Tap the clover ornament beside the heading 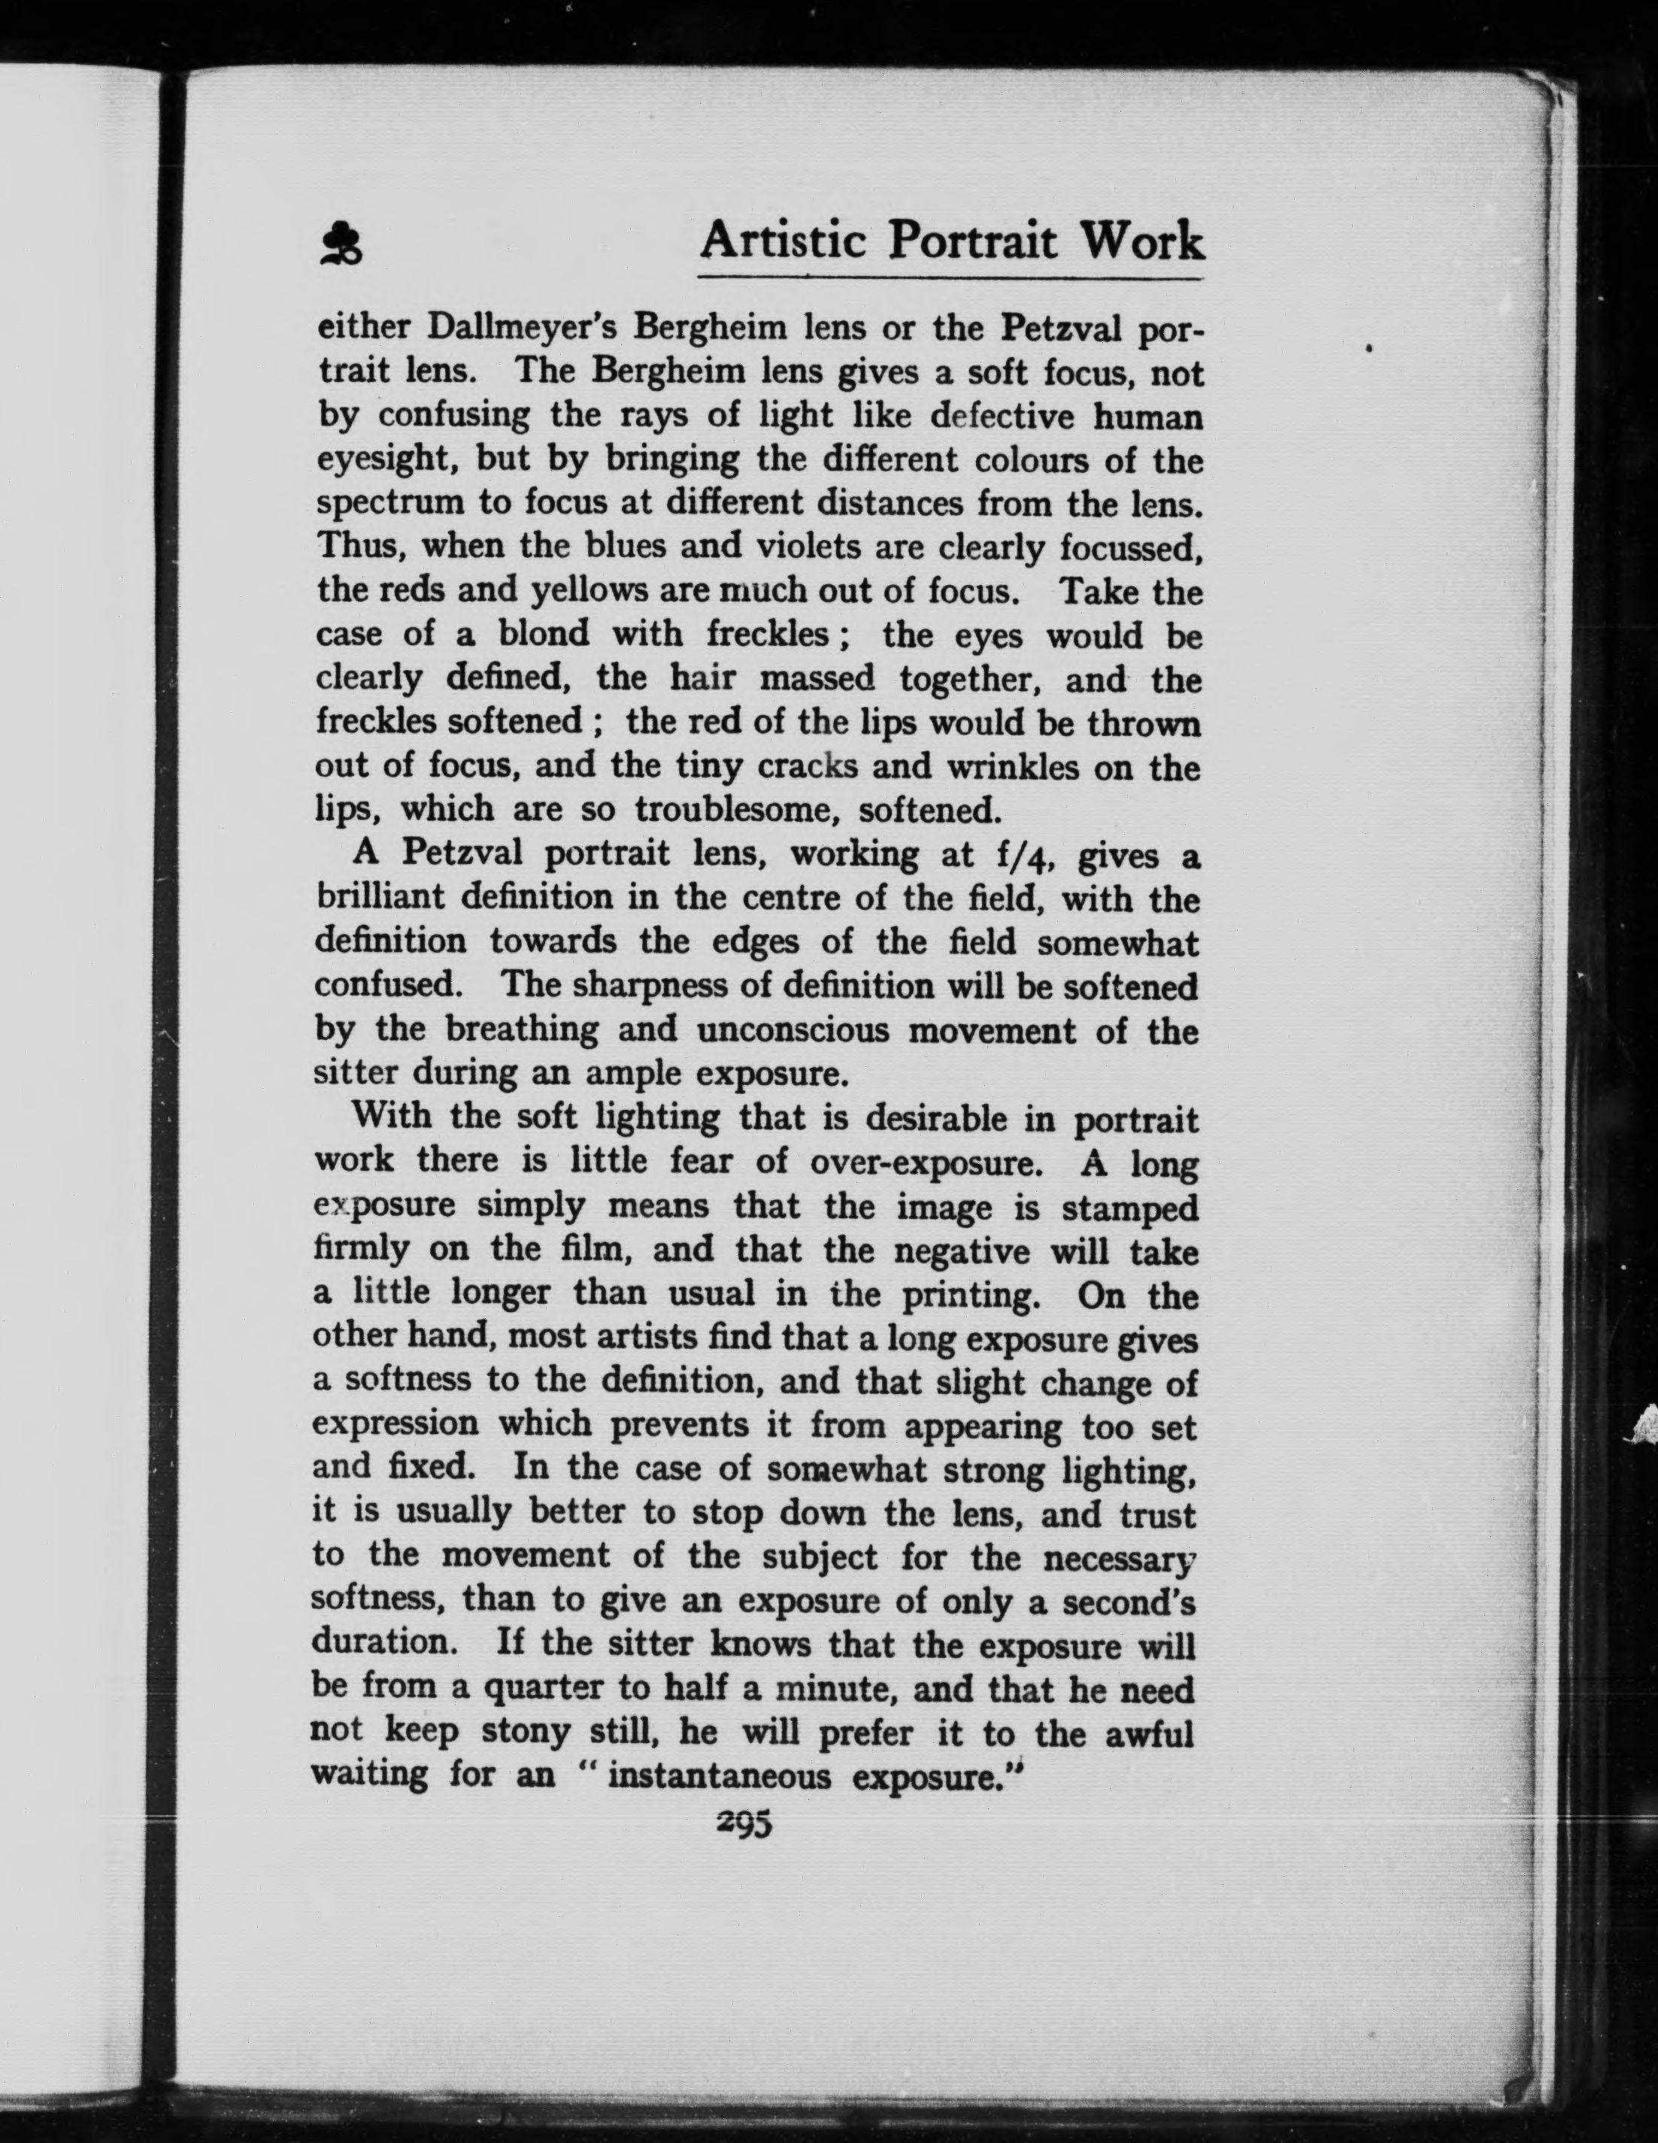click(x=341, y=245)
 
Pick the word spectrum click(x=387, y=505)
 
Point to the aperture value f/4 click(x=1023, y=856)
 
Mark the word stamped click(x=1130, y=1208)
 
